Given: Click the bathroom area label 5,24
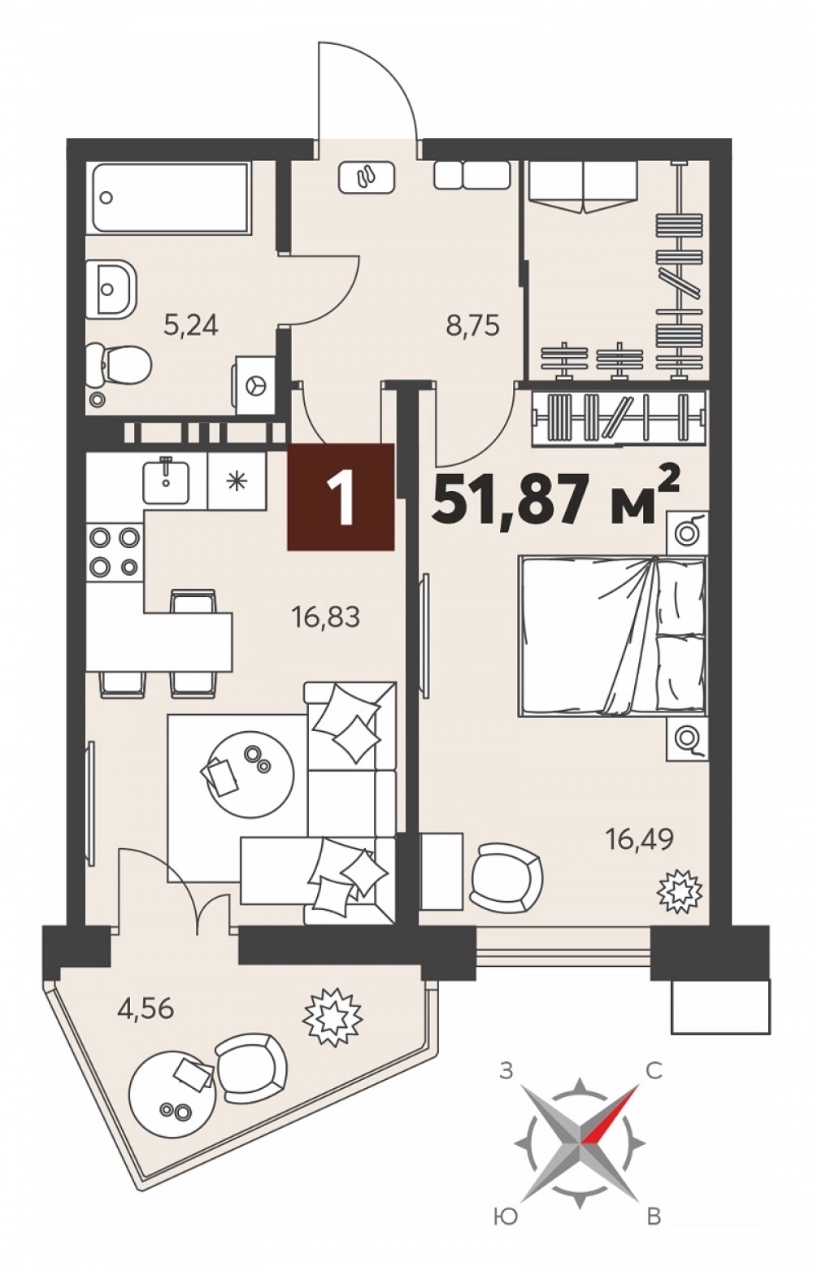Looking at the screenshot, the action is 190,326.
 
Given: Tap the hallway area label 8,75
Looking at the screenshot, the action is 472,326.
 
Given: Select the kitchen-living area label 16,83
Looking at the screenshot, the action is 326,618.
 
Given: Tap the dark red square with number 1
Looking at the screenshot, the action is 341,497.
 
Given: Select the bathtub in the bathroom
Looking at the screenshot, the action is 170,197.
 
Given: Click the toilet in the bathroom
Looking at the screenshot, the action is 120,367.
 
